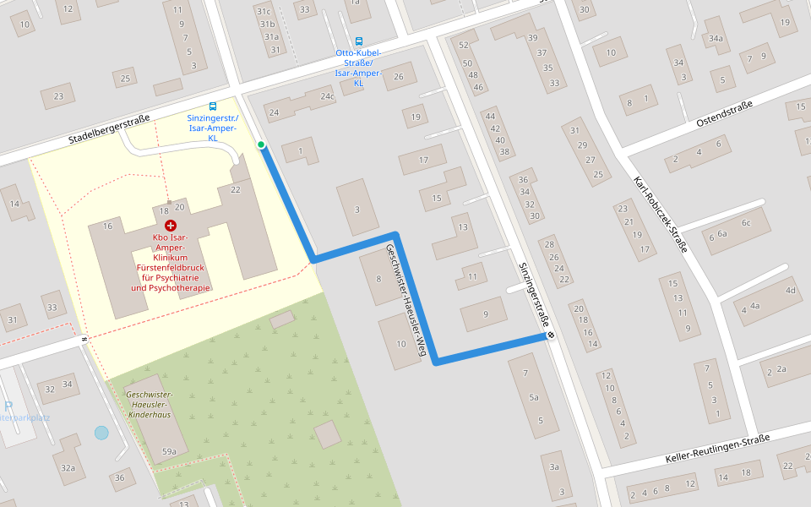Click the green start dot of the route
[x=261, y=145]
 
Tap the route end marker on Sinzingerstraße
[x=551, y=335]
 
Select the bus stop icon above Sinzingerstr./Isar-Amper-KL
[x=212, y=106]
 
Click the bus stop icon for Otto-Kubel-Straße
[x=359, y=41]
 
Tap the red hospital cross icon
[x=171, y=226]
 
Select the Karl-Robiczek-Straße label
[x=661, y=215]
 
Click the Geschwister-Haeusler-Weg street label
[x=403, y=298]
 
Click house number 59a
[x=168, y=452]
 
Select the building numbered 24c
[x=327, y=96]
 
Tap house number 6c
[x=746, y=223]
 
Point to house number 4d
[x=791, y=291]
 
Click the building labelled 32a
[x=68, y=467]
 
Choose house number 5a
[x=533, y=397]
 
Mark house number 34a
[x=716, y=39]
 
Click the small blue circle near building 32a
[x=101, y=433]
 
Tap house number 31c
[x=264, y=11]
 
